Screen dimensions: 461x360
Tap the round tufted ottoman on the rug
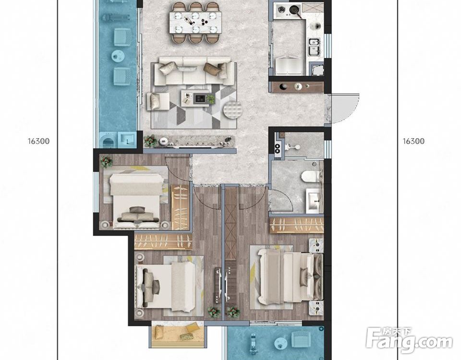(x=233, y=110)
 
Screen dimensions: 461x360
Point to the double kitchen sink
(x=314, y=47)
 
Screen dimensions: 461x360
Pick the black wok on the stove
(x=294, y=10)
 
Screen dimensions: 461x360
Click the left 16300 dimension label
(x=39, y=141)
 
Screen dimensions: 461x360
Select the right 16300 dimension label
(x=413, y=141)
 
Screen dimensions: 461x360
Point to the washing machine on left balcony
(x=108, y=140)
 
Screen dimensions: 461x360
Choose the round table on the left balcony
(x=119, y=56)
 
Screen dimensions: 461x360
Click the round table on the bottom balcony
(x=281, y=343)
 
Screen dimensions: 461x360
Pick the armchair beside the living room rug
(x=158, y=101)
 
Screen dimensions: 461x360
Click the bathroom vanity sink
(x=314, y=201)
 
